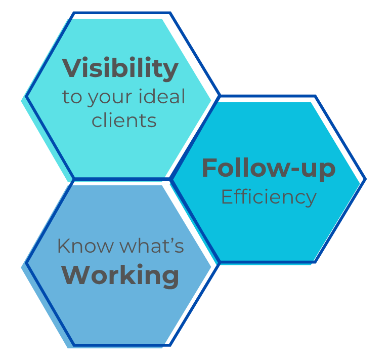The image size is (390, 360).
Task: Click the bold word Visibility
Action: pyautogui.click(x=120, y=69)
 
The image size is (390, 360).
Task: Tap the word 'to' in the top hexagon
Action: pyautogui.click(x=72, y=97)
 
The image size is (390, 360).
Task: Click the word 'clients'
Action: pyautogui.click(x=124, y=120)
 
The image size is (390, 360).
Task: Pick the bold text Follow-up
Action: pyautogui.click(x=268, y=169)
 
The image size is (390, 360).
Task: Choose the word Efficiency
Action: pyautogui.click(x=269, y=196)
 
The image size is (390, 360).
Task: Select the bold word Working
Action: pyautogui.click(x=120, y=276)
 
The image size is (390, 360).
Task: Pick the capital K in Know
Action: pyautogui.click(x=63, y=246)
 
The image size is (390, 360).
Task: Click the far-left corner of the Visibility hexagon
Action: pyautogui.click(x=26, y=96)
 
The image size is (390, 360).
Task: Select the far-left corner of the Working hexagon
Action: pyautogui.click(x=26, y=263)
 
